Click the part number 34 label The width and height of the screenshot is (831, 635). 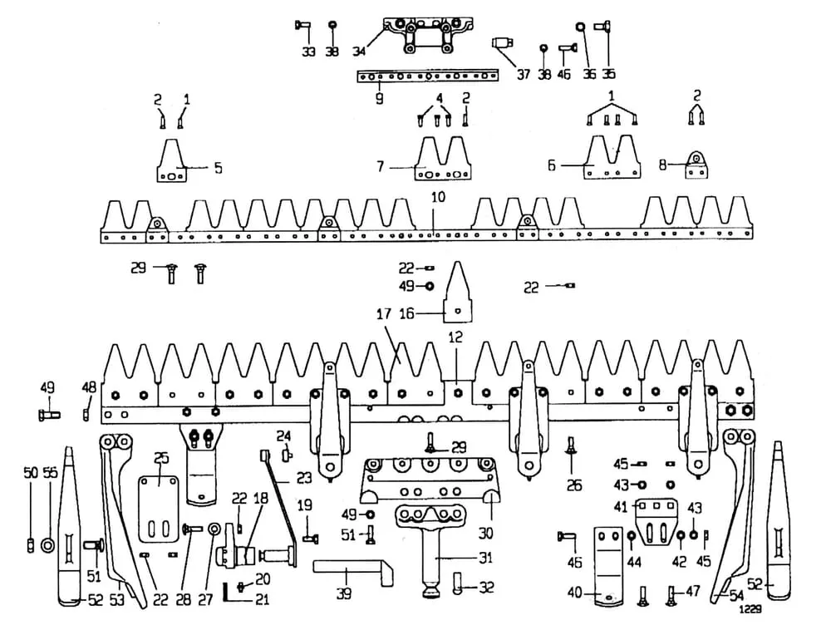359,52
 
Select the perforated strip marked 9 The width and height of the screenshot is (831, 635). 429,76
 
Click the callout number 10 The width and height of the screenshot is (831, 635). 438,198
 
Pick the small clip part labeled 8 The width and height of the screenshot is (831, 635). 696,165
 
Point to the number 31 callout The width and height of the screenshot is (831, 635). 486,558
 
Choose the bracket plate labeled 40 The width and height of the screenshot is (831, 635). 611,565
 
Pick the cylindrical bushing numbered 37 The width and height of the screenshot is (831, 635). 501,43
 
